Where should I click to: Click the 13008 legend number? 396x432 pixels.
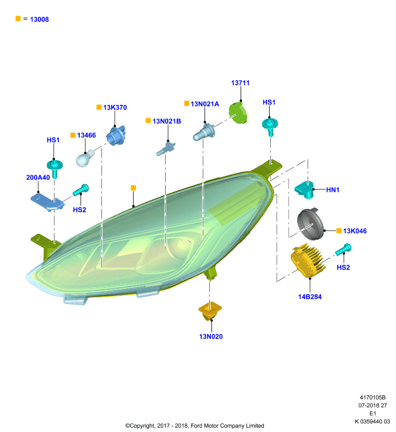pos(39,19)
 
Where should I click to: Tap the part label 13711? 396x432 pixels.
pos(240,83)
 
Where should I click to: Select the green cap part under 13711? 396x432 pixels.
pos(238,113)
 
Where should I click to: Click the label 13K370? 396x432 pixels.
pos(115,107)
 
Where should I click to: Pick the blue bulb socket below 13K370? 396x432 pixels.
pos(116,135)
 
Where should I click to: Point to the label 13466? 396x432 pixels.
pos(86,136)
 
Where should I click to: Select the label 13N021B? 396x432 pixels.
pos(167,121)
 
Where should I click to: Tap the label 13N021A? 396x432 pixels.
pos(204,104)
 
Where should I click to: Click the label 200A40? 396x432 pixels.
pos(38,178)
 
